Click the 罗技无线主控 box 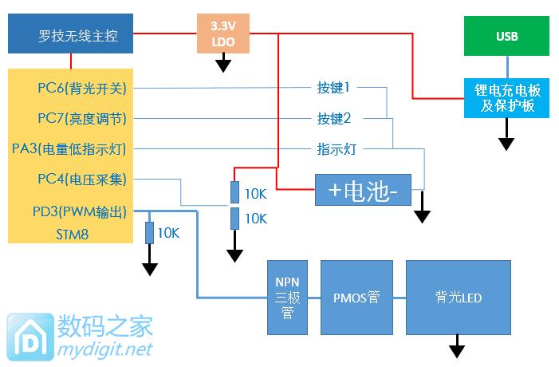[70, 36]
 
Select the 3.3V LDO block [223, 34]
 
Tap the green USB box [506, 37]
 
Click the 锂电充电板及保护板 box [506, 97]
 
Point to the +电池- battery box [363, 191]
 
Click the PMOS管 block [356, 298]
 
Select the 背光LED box [458, 298]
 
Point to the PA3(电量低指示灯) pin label [81, 148]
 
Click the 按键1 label [334, 88]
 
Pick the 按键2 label [334, 118]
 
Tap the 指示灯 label [334, 148]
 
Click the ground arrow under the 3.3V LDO [224, 63]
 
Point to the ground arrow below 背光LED [458, 348]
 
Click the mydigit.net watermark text [105, 349]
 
